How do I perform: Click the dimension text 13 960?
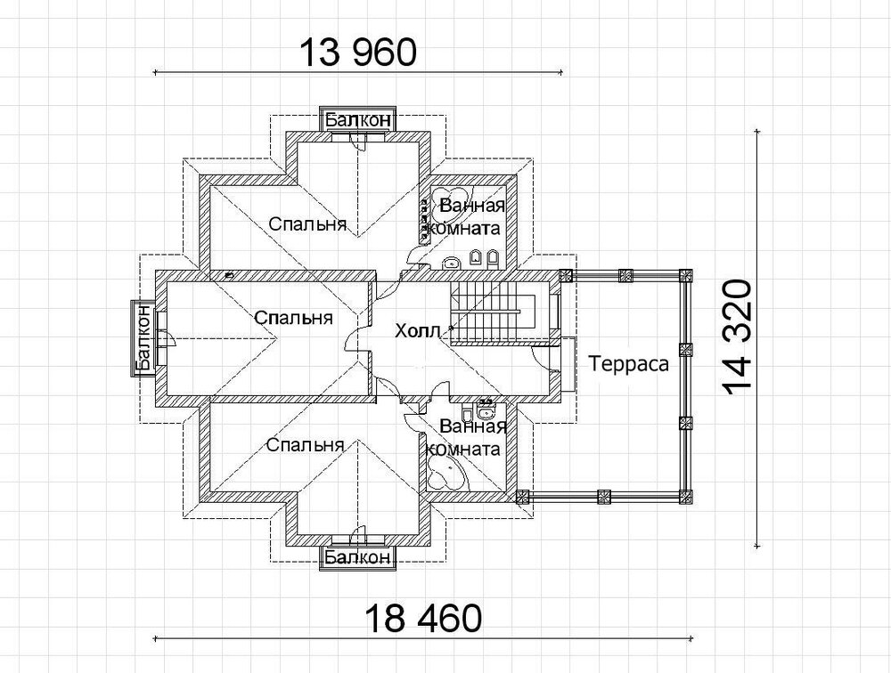(x=358, y=53)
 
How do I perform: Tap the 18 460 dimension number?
(x=423, y=618)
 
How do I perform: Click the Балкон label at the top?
(x=358, y=120)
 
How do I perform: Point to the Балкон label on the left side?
(x=143, y=338)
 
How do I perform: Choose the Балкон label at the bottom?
(x=358, y=557)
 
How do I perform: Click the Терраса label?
(x=628, y=363)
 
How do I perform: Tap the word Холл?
(x=418, y=330)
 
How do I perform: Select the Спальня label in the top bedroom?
(x=307, y=223)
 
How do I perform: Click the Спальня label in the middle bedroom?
(x=293, y=317)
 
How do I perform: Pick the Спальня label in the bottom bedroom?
(x=305, y=445)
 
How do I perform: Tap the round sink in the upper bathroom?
(x=451, y=262)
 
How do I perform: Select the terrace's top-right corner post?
(x=686, y=275)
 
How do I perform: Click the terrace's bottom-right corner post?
(x=686, y=496)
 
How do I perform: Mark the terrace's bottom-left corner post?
(x=522, y=496)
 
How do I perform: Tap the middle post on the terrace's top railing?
(x=625, y=275)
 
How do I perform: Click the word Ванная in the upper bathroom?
(x=473, y=205)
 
